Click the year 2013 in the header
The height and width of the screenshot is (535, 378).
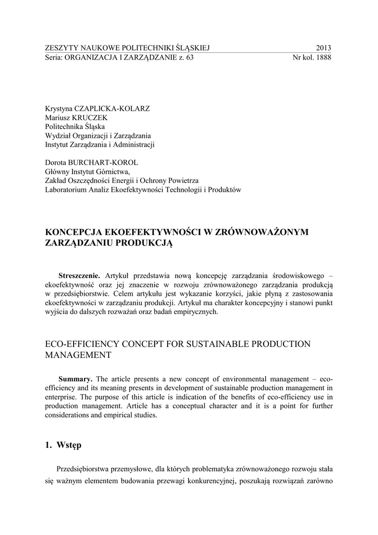click(x=323, y=48)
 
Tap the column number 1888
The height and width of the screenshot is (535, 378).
click(x=322, y=58)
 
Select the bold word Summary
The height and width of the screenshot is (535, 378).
click(x=75, y=379)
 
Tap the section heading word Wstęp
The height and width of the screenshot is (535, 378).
click(x=69, y=446)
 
